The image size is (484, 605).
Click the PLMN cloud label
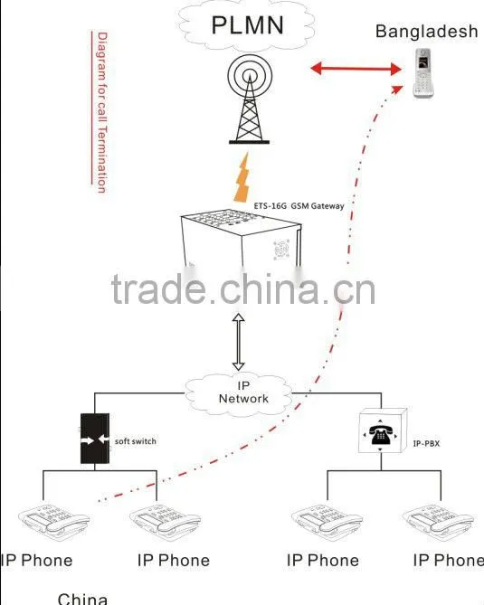pos(247,24)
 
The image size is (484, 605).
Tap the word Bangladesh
pos(426,32)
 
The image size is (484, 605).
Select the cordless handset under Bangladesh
pos(422,73)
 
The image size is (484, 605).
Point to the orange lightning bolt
pos(242,178)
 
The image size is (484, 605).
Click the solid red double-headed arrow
pos(356,69)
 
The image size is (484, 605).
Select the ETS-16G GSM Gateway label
pos(299,205)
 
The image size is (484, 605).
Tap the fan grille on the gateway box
pos(281,250)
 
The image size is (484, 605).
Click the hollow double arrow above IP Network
pos(238,342)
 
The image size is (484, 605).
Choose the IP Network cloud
pos(238,393)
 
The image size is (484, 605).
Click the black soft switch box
pos(95,439)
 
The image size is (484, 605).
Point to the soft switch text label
pos(136,441)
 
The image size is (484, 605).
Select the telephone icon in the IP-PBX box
pos(380,435)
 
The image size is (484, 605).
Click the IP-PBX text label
pos(426,443)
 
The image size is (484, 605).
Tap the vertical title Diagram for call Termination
pos(101,112)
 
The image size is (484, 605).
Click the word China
pos(82,599)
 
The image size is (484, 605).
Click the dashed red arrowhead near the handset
pos(396,90)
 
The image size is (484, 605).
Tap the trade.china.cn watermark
pos(243,289)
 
